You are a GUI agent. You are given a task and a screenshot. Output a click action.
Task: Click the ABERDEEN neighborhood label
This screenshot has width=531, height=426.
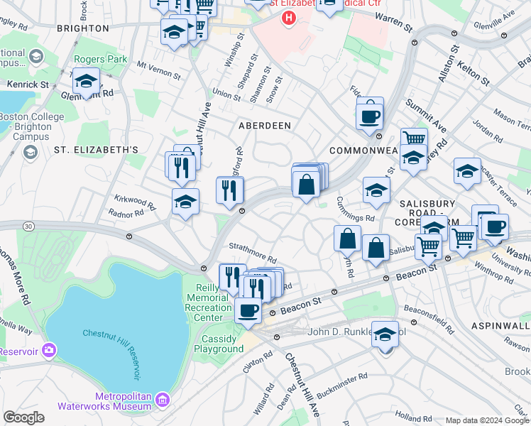[264, 125]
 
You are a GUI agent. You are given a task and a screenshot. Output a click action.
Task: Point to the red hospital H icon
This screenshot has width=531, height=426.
[288, 17]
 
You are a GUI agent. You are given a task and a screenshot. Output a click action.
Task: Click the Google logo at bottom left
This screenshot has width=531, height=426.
[23, 417]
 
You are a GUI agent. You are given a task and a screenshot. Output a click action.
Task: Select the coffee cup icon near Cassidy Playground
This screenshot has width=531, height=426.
[248, 310]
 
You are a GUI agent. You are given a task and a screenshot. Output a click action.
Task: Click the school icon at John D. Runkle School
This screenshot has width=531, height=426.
[385, 334]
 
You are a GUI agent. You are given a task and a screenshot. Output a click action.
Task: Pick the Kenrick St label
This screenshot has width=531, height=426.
[28, 84]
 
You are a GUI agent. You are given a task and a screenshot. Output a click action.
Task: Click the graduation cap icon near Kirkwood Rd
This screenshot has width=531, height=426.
[185, 202]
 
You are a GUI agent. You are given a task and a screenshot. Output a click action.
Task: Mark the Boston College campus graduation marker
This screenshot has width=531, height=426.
[30, 151]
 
